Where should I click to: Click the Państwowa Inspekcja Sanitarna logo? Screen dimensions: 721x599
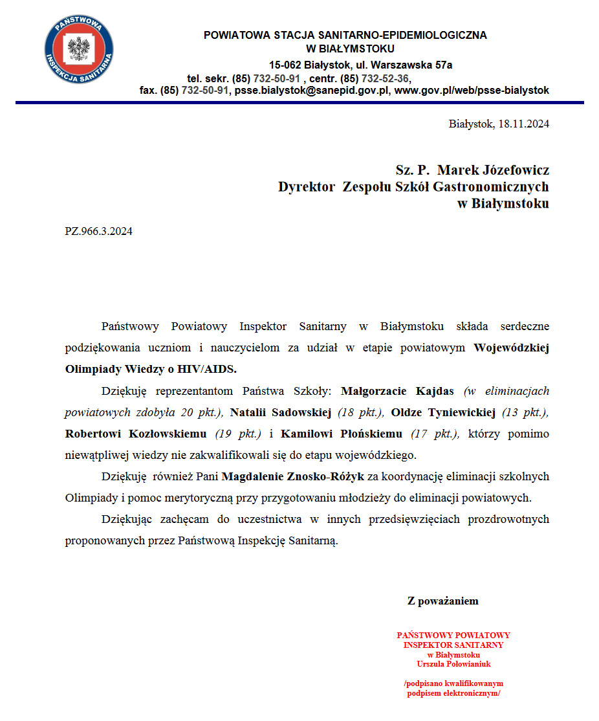tap(78, 50)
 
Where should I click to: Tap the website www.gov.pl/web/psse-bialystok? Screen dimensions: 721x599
tap(472, 91)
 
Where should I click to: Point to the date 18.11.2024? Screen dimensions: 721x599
tap(523, 124)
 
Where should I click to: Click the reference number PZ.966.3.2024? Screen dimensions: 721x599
tap(98, 231)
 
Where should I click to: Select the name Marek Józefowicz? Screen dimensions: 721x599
tap(493, 170)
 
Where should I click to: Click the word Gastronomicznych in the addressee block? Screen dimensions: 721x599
tap(492, 187)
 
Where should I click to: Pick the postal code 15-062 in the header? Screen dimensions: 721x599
tap(285, 65)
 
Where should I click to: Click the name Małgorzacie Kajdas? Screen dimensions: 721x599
tap(397, 392)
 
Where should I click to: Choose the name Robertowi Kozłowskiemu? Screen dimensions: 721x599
tap(136, 434)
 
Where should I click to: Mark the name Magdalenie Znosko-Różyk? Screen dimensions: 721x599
tap(294, 477)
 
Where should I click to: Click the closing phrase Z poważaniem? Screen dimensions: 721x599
tap(442, 601)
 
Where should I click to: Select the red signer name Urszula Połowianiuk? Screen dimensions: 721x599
tap(453, 664)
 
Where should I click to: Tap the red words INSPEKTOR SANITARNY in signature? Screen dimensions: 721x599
tap(453, 645)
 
